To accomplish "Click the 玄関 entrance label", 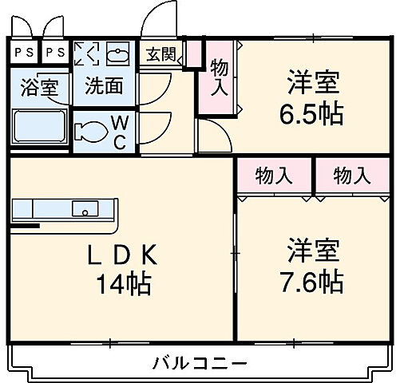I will tap(161, 54).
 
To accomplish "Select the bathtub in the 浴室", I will tap(40, 128).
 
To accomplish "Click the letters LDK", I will tap(125, 256).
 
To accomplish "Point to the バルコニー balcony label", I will tap(200, 364).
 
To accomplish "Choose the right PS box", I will tap(55, 53).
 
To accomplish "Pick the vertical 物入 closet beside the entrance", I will tap(219, 78).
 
